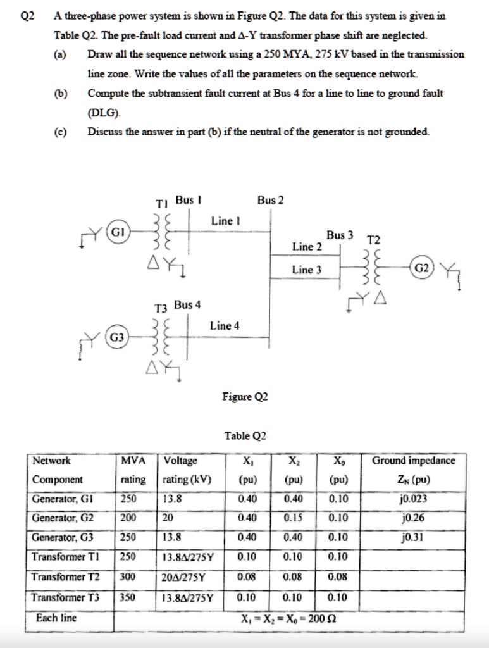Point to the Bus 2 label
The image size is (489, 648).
pyautogui.click(x=271, y=201)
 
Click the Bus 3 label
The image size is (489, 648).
pyautogui.click(x=340, y=235)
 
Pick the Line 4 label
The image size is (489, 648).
pyautogui.click(x=225, y=326)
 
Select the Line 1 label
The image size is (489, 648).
pyautogui.click(x=225, y=221)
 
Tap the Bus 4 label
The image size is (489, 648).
pyautogui.click(x=187, y=305)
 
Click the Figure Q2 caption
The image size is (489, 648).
pyautogui.click(x=245, y=397)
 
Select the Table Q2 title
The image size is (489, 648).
pyautogui.click(x=245, y=436)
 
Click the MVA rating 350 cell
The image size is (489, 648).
pyautogui.click(x=128, y=596)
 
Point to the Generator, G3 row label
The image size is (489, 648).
pyautogui.click(x=63, y=537)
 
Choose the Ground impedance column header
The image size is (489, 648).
pyautogui.click(x=413, y=460)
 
